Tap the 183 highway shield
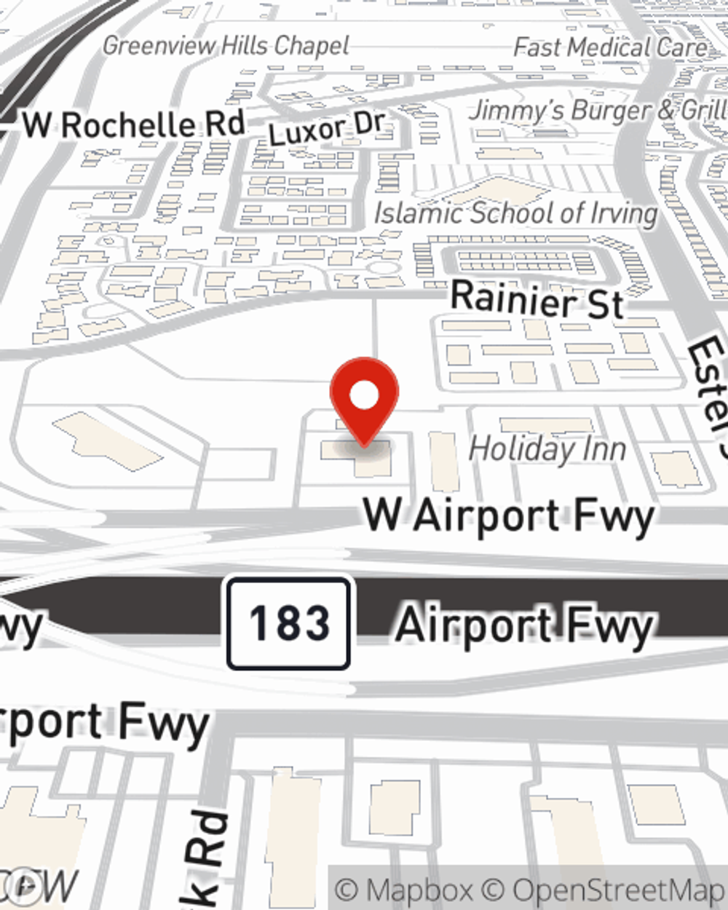point(289,624)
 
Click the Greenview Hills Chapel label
point(226,46)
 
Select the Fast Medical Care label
point(610,48)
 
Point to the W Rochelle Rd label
point(133,124)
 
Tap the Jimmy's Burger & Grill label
point(597,111)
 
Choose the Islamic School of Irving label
point(515,213)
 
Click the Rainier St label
point(537,298)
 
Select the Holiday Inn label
point(547,448)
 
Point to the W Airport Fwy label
point(508,515)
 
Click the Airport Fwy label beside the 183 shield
point(524,626)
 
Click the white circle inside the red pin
point(364,396)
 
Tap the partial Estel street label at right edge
point(708,386)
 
